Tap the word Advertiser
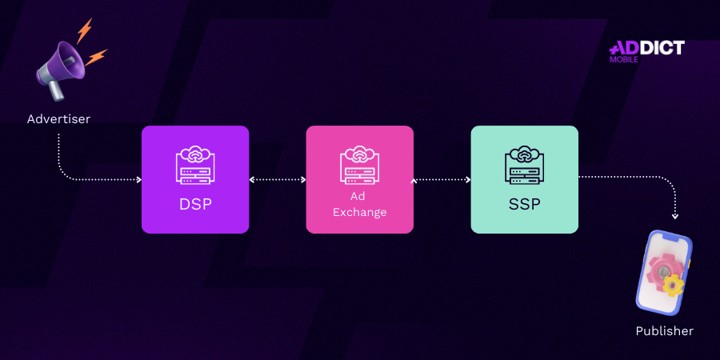click(58, 119)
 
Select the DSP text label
click(195, 204)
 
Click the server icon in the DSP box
click(196, 166)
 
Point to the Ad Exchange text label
click(359, 204)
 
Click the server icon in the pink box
click(359, 166)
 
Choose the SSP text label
click(524, 204)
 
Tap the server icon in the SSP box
click(524, 166)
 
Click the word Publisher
click(665, 331)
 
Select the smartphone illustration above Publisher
click(664, 273)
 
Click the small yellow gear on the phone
click(673, 286)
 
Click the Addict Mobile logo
click(646, 51)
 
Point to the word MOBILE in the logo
click(623, 59)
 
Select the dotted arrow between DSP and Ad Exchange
click(278, 179)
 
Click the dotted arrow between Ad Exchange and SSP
click(442, 179)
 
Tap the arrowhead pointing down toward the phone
click(675, 216)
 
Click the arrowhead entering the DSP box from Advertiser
click(138, 179)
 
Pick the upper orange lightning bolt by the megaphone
click(84, 30)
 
